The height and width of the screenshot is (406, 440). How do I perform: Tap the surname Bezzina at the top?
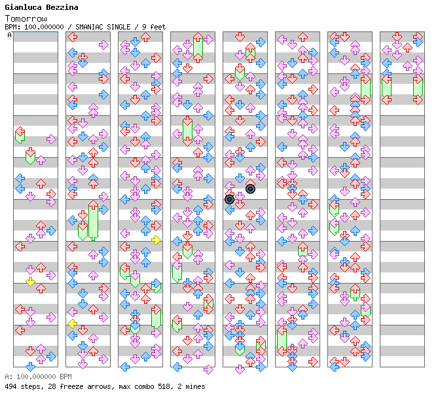62,7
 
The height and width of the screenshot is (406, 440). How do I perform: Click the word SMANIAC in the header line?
91,27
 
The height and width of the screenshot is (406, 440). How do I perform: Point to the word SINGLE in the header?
124,27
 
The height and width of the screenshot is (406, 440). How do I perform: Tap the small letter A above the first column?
9,35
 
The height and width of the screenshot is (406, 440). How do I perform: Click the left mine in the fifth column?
229,199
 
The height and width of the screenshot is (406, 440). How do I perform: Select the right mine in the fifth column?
250,189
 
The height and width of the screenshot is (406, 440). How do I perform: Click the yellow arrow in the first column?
30,282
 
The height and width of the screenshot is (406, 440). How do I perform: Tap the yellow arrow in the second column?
72,323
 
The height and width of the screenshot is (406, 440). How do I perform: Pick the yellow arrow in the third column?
156,240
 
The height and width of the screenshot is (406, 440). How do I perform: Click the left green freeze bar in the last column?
386,87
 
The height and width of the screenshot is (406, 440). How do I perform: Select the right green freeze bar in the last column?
418,88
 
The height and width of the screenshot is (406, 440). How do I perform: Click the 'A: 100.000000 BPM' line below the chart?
37,377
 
